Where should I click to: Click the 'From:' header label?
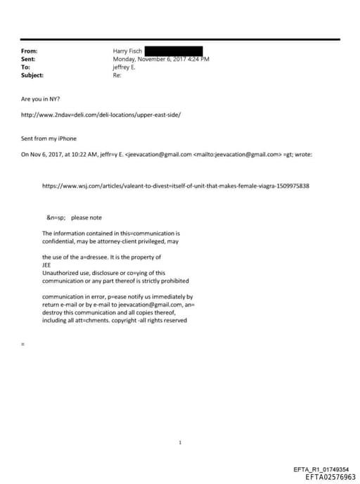tap(30, 51)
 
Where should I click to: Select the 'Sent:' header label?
tap(29, 59)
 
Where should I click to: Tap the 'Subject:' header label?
tap(32, 75)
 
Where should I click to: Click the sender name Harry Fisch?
tap(127, 51)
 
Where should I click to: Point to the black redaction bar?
tap(174, 51)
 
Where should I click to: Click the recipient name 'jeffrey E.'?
tap(126, 67)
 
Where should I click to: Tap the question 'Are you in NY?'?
tap(41, 99)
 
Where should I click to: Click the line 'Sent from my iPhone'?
tap(49, 139)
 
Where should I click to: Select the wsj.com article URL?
tap(175, 186)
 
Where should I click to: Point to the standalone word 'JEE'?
tap(47, 265)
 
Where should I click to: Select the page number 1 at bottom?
tap(181, 442)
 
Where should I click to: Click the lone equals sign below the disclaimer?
tap(23, 344)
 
